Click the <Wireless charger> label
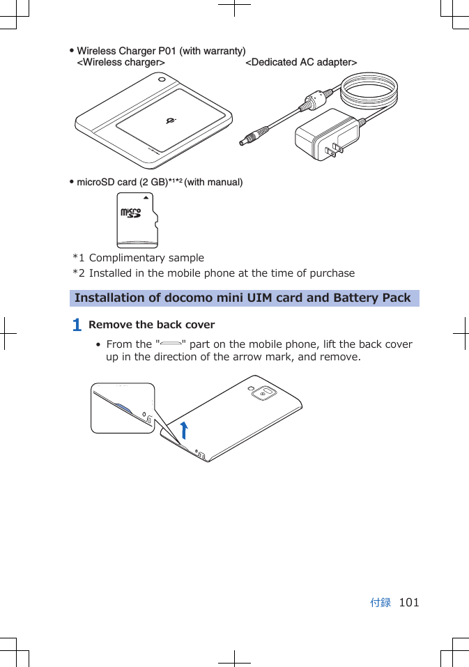[121, 63]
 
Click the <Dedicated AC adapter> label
[301, 63]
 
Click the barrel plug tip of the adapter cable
[243, 141]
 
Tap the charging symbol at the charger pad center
[171, 122]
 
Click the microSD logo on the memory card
[130, 213]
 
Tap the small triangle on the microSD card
[149, 198]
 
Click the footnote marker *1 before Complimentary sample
[79, 258]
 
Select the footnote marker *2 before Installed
[79, 273]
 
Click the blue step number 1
[77, 325]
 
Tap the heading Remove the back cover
[152, 325]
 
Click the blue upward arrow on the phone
[183, 431]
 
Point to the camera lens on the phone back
[263, 393]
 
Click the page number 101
[409, 603]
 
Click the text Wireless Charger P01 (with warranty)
[161, 52]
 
